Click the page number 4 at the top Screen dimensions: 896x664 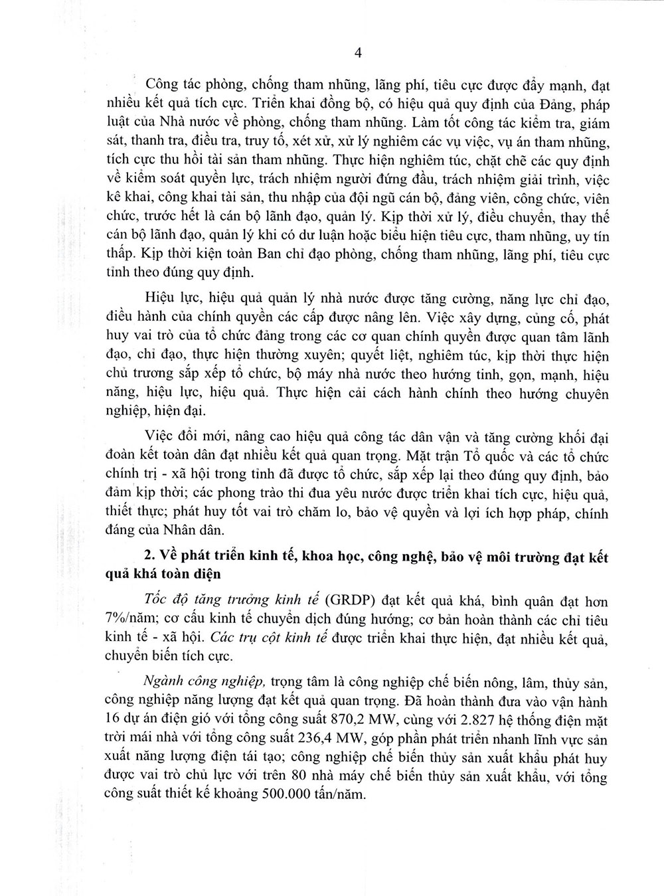(x=358, y=54)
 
